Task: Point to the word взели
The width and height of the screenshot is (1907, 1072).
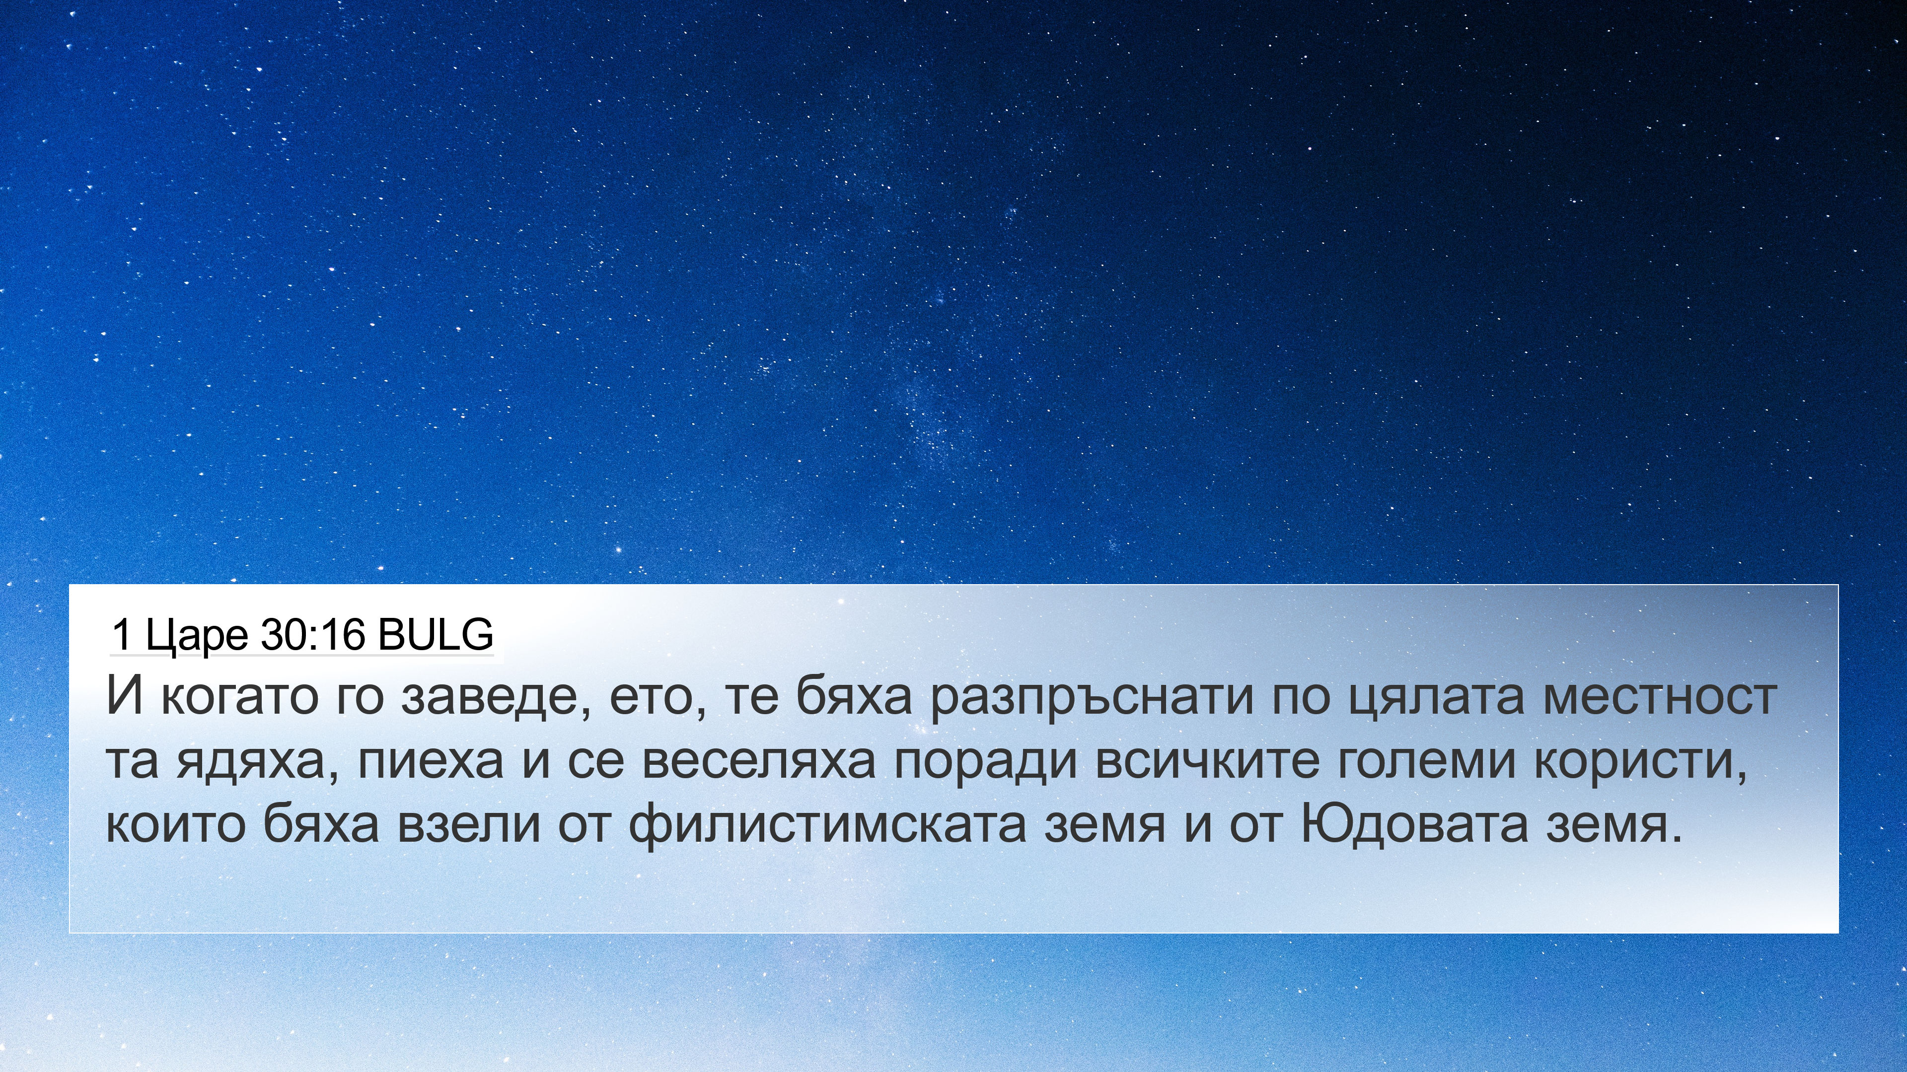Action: pos(469,826)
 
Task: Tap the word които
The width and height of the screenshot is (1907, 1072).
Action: pos(175,826)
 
